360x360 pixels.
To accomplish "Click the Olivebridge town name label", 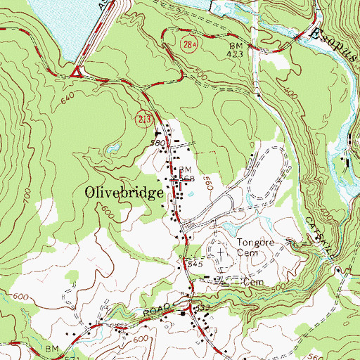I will coord(124,192).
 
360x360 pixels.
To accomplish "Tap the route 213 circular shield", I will coord(140,121).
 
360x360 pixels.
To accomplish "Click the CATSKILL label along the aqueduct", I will coord(313,233).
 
